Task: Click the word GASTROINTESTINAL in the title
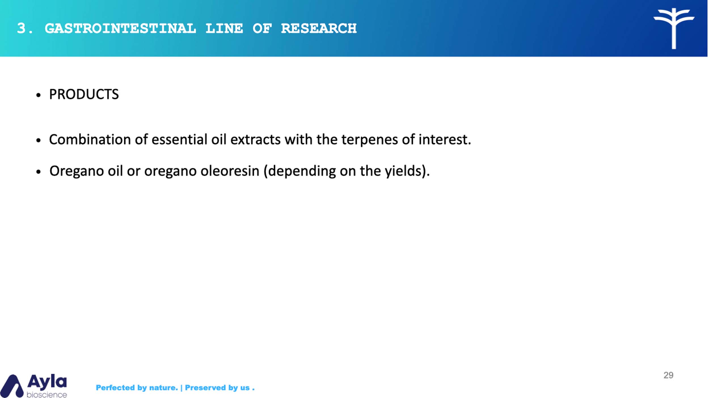pos(120,28)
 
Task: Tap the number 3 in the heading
pos(21,28)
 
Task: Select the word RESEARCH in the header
pos(319,28)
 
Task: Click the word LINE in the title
pos(224,28)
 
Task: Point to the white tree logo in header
pos(674,29)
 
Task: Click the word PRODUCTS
pos(84,94)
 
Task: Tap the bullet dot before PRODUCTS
pos(39,95)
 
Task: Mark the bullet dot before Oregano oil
pos(39,172)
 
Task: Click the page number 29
pos(668,375)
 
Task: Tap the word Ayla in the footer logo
pos(47,382)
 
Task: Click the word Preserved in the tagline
pos(206,388)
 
